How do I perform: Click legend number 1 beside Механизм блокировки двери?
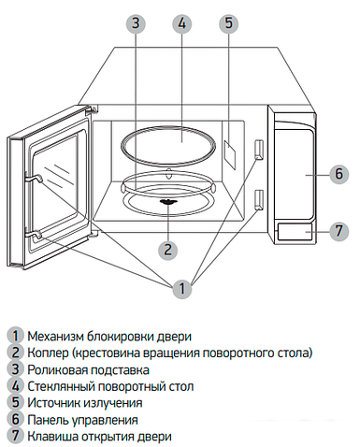[x=15, y=336]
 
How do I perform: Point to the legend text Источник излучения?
[x=85, y=403]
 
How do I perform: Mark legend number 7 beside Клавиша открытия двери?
[x=15, y=437]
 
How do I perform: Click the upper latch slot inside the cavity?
[x=258, y=150]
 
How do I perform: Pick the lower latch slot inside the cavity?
[x=258, y=197]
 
